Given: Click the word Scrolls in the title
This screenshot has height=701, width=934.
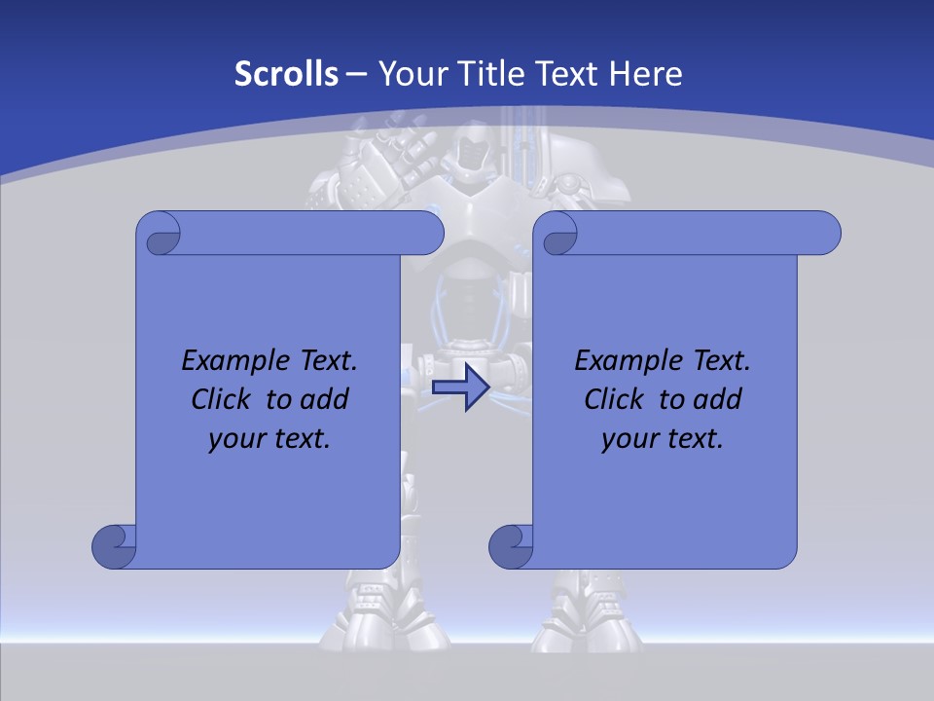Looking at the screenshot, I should click(x=287, y=74).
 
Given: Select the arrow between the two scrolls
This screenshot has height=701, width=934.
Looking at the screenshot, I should click(x=459, y=387).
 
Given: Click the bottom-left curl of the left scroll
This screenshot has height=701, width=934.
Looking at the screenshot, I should click(x=115, y=546).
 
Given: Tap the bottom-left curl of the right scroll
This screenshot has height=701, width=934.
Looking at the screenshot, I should click(x=511, y=546).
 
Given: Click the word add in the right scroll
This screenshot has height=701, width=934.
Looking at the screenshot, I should click(x=719, y=399).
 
